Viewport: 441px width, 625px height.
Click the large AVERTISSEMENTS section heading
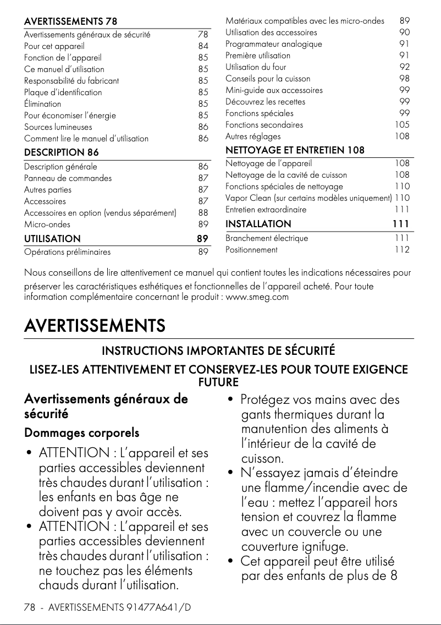[95, 326]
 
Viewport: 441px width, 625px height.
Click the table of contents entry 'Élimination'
[43, 104]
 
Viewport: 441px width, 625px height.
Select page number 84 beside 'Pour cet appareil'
[203, 46]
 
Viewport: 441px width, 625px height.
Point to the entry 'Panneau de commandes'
[68, 178]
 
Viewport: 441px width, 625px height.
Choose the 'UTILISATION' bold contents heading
[52, 239]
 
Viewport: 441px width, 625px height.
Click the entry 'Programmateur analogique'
[274, 44]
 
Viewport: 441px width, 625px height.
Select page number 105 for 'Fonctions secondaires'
[402, 125]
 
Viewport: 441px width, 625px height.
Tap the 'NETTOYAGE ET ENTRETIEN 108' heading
[295, 150]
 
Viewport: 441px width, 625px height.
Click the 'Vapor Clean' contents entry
[308, 198]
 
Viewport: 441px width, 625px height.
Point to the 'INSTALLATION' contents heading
[258, 224]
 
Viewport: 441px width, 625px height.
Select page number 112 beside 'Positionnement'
[402, 250]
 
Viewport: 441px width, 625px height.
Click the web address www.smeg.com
[257, 298]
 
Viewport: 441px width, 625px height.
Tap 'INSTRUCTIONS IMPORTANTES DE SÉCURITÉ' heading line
[218, 351]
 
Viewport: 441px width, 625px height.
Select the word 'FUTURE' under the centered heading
[218, 381]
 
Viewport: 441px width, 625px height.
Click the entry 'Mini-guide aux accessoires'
[274, 90]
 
